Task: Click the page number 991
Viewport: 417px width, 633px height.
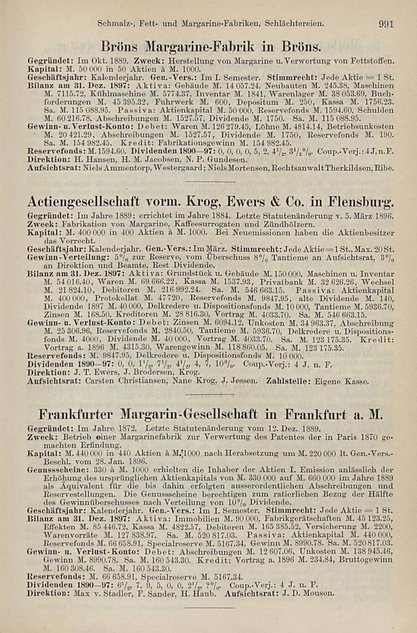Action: pyautogui.click(x=386, y=24)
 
